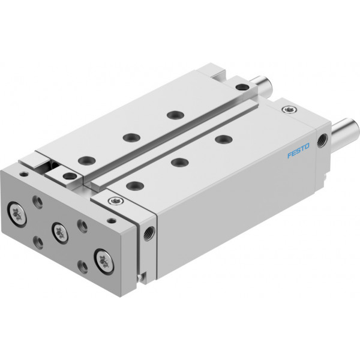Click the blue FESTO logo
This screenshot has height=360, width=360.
pyautogui.click(x=298, y=151)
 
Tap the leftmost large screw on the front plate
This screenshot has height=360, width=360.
pyautogui.click(x=17, y=214)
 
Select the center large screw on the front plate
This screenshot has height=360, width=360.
pyautogui.click(x=60, y=233)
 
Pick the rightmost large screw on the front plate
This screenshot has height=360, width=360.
pyautogui.click(x=104, y=262)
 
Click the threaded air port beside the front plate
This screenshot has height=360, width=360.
pyautogui.click(x=149, y=233)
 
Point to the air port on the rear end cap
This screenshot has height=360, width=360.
pyautogui.click(x=322, y=140)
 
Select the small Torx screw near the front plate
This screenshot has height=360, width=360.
pyautogui.click(x=116, y=201)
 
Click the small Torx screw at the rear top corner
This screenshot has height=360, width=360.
pyautogui.click(x=289, y=109)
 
